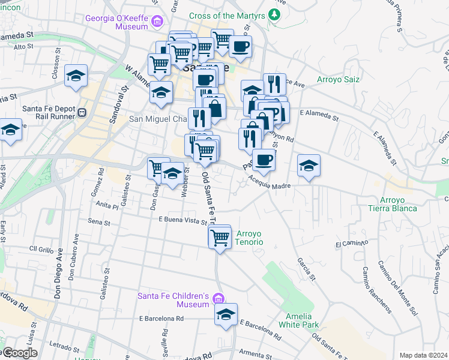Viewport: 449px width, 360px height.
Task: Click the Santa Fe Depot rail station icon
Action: point(83,112)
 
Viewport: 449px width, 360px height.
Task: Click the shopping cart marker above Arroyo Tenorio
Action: point(220,238)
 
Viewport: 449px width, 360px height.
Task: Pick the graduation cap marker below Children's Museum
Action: point(226,315)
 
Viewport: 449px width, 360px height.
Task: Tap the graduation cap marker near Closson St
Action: point(76,76)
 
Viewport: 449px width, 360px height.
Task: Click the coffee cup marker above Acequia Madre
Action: point(264,160)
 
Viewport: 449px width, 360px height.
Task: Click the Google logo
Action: point(20,353)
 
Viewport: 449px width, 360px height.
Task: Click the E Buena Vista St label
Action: point(182,220)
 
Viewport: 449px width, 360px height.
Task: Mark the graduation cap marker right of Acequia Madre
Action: point(309,166)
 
